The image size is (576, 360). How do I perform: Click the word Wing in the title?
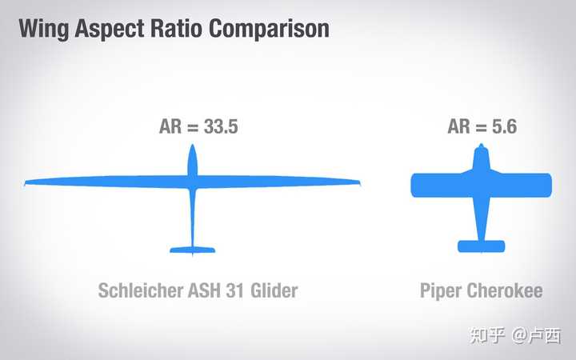pos(44,29)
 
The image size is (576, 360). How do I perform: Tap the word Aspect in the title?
pos(109,29)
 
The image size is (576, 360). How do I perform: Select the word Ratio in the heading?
pos(176,28)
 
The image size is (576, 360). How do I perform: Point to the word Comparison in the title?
pos(269,29)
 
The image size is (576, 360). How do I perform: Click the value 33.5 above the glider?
pos(221,126)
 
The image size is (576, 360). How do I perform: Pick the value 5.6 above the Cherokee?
pos(504,126)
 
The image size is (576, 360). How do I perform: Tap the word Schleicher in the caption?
pos(140,290)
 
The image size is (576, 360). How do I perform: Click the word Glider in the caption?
pos(274,290)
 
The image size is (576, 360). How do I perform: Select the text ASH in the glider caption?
pos(204,290)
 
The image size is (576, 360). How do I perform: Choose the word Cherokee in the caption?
pos(504,290)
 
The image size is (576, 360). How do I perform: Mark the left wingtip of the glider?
pos(25,182)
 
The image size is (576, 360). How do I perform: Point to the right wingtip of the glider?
pos(360,182)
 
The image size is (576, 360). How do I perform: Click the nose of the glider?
pos(193,146)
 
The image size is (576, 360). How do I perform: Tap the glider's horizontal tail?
pos(193,250)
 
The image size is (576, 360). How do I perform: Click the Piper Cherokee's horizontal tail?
pos(482,246)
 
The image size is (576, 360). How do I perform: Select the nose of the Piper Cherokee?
pos(482,145)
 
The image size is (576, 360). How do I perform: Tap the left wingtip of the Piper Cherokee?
pos(412,185)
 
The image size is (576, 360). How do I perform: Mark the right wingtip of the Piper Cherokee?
pos(550,185)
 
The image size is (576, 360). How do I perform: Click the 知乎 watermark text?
pos(487,336)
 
